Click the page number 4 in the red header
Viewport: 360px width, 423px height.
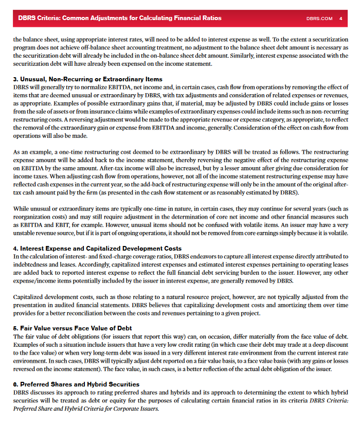coord(340,18)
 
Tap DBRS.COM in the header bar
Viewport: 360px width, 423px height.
coord(319,18)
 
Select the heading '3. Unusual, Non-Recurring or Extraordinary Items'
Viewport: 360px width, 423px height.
coord(87,79)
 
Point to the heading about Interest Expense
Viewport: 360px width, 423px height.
coord(97,249)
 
